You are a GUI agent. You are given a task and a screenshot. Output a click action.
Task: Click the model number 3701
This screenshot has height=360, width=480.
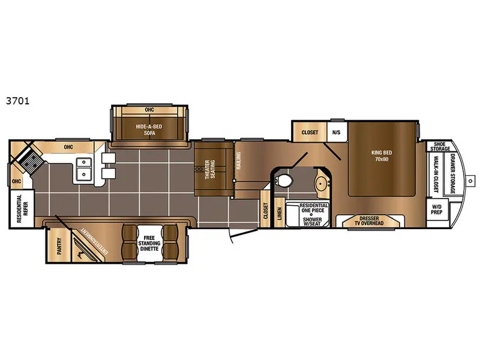click(17, 101)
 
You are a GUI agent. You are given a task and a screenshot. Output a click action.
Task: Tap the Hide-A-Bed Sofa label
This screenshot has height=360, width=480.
click(149, 130)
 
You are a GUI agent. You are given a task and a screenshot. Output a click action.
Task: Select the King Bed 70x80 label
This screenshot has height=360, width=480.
click(382, 156)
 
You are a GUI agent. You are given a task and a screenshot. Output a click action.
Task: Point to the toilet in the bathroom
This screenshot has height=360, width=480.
click(284, 181)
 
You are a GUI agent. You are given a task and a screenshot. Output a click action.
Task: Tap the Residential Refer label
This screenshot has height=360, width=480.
click(22, 208)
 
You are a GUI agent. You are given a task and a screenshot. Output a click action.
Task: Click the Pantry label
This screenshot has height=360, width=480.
click(59, 246)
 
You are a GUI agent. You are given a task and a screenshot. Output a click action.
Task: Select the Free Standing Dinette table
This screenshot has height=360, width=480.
click(149, 244)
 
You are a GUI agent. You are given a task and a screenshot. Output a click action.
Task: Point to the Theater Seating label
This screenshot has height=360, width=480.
click(210, 169)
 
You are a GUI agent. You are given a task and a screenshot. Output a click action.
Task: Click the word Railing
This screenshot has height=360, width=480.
click(239, 161)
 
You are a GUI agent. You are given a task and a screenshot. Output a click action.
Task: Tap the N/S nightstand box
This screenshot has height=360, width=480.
click(337, 132)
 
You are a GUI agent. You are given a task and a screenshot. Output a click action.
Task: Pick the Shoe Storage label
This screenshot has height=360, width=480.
click(440, 146)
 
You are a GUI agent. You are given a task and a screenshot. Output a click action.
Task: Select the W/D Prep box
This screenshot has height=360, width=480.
click(437, 209)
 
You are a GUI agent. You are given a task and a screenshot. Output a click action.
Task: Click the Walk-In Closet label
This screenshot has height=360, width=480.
click(436, 174)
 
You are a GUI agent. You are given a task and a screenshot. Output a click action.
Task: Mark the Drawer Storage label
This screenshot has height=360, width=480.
click(453, 173)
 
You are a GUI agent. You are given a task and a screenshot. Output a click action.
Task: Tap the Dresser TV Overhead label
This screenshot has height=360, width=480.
click(369, 221)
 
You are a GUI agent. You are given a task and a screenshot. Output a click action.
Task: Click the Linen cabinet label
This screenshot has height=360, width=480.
click(279, 214)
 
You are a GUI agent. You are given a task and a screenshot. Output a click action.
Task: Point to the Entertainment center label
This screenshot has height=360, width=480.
click(95, 241)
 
